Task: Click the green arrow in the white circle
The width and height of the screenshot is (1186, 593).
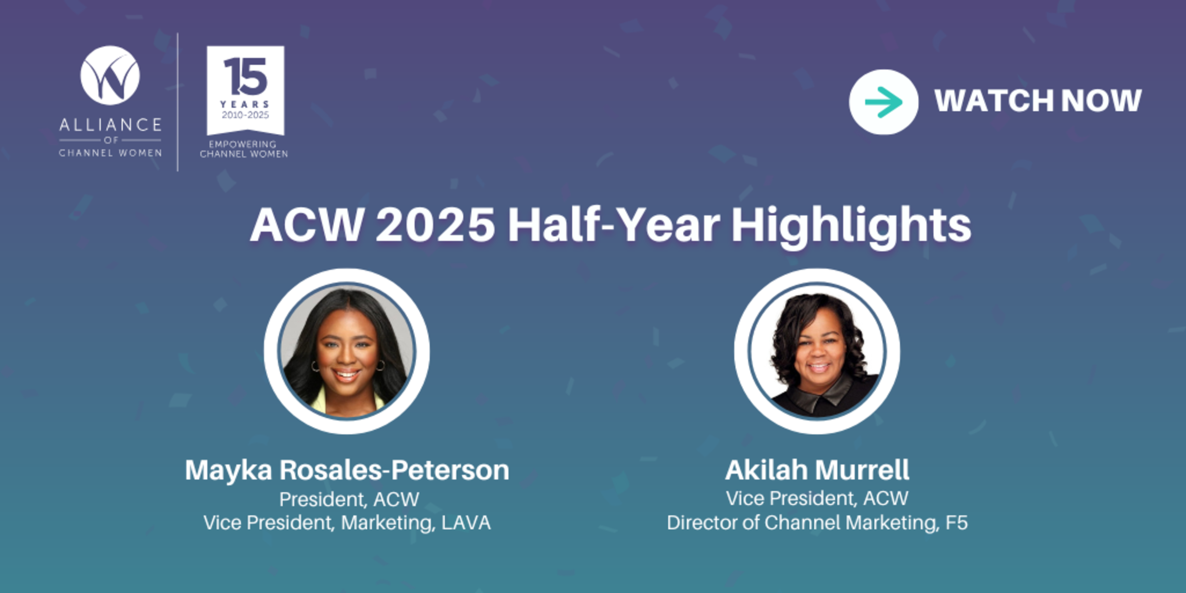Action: (884, 102)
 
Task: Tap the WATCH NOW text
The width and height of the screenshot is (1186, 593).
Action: (1038, 101)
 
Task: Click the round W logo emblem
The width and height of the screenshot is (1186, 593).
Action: (110, 75)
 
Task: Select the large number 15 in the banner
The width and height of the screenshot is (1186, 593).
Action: (245, 76)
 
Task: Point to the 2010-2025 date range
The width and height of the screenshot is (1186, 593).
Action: (245, 115)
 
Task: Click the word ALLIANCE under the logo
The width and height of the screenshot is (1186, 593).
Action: (110, 125)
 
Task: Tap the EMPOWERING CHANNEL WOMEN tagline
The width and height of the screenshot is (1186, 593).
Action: (244, 149)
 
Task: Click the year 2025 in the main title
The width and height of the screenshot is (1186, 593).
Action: (435, 225)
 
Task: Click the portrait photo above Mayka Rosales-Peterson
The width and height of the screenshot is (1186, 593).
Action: (347, 351)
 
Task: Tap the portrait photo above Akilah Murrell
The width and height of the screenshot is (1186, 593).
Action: (817, 351)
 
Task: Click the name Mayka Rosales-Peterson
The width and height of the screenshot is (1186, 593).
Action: (347, 470)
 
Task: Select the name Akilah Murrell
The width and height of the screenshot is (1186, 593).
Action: (817, 470)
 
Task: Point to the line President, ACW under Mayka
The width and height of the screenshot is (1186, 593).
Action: (349, 499)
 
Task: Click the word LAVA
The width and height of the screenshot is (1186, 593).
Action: (466, 522)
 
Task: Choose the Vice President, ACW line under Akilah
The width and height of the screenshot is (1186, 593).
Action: (817, 498)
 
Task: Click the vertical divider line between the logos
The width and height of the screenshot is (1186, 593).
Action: (178, 102)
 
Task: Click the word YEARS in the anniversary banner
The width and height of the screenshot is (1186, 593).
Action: (245, 104)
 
